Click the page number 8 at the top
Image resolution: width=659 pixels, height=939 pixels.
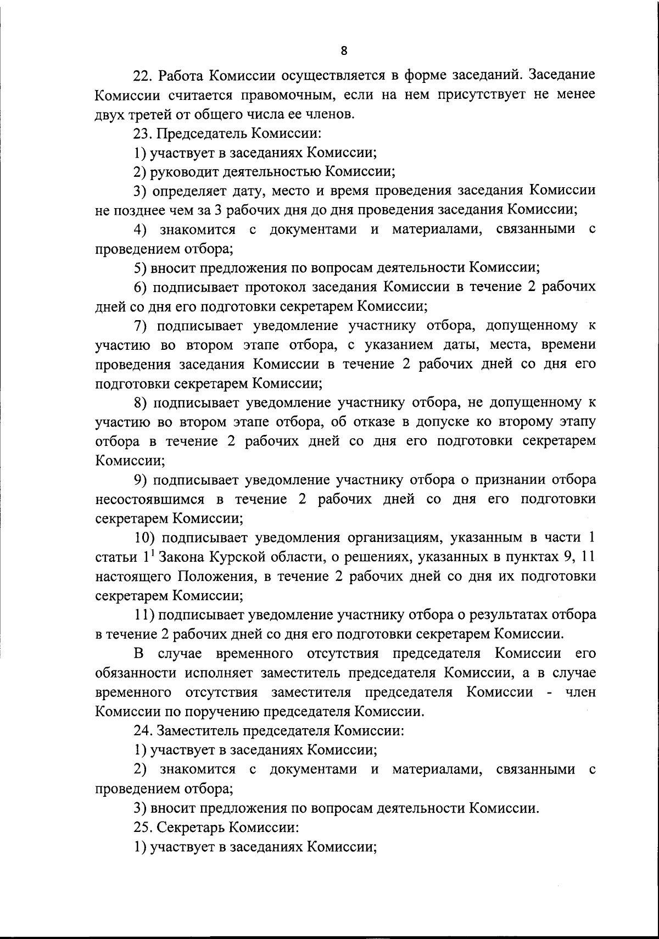point(344,51)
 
